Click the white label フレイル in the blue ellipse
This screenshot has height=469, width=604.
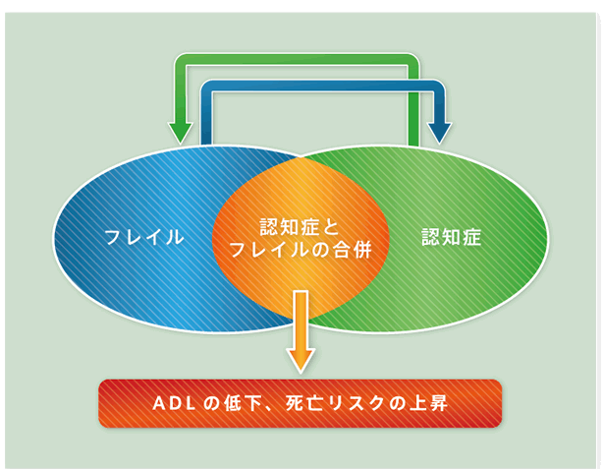coord(143,237)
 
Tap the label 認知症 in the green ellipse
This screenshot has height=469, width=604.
coord(451,237)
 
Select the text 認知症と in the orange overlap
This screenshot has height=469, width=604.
coord(299,227)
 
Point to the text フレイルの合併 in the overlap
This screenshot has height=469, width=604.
coord(301,250)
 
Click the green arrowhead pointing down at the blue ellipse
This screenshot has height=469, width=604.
coord(181,133)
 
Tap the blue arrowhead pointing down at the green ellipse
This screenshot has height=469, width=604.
coord(439,133)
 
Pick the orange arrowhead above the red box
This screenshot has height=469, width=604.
coord(301,360)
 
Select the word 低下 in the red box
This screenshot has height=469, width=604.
coord(238,404)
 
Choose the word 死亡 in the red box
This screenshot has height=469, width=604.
coord(303,404)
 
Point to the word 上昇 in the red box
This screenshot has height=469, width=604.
coord(432,404)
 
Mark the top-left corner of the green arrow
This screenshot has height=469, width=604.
coord(175,54)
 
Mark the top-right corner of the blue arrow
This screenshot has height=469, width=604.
coord(445,81)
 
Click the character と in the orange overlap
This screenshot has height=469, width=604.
coord(330,227)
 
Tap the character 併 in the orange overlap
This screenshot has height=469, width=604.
coord(362,250)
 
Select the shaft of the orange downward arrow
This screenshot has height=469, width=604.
coord(301,320)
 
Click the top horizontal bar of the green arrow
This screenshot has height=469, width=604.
coord(297,60)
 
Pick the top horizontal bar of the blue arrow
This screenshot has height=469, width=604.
coord(323,86)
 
